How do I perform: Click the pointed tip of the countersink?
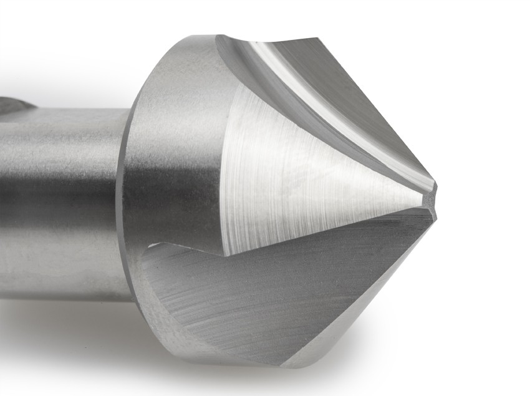coord(435,198)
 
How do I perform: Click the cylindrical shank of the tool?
coord(62,200)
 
